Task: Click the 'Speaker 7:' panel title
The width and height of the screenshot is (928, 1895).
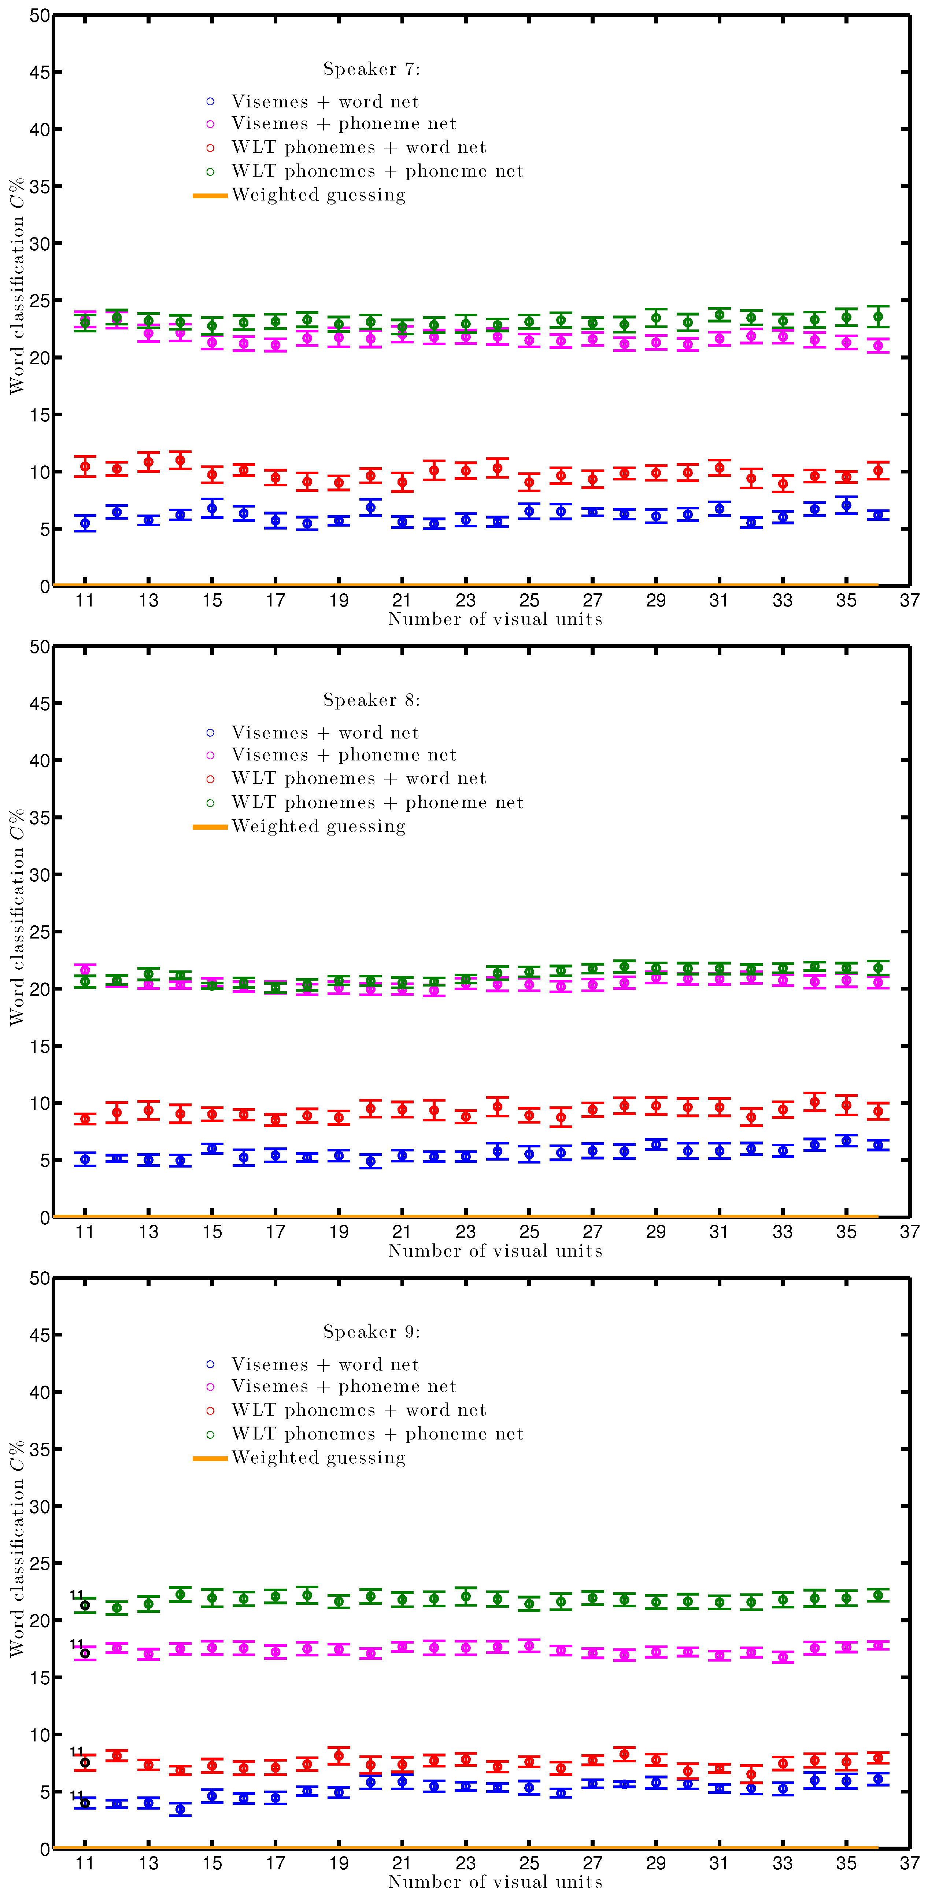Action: (371, 69)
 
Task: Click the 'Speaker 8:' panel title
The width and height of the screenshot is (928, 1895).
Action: (371, 700)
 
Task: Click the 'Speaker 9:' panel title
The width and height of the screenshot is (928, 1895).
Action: (371, 1331)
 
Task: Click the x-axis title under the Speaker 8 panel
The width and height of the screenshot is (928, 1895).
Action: (495, 1251)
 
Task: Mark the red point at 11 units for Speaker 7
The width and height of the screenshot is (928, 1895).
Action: (85, 467)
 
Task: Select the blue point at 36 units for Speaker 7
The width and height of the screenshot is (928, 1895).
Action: (878, 515)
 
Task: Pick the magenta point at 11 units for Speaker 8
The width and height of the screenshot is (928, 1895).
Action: (85, 970)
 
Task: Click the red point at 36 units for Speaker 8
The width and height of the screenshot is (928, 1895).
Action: (878, 1111)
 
